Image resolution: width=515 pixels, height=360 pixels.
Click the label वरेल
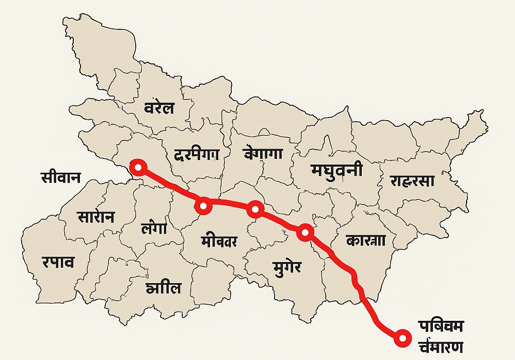(159, 109)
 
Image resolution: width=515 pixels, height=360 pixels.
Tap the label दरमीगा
(197, 154)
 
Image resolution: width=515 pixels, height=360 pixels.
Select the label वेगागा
(263, 153)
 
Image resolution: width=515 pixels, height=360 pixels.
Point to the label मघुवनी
(336, 170)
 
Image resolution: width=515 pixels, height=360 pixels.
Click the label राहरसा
(412, 181)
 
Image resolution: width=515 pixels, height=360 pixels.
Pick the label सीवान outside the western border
(60, 177)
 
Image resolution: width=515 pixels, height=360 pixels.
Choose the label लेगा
(154, 228)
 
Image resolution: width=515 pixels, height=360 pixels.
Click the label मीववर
(220, 240)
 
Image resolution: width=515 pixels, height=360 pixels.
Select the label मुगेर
(286, 267)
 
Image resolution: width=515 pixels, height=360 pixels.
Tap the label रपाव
(58, 262)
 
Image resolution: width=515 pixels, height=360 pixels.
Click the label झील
(164, 287)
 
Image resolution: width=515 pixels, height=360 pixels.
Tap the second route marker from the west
(204, 206)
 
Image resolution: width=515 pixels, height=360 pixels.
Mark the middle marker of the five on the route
(255, 209)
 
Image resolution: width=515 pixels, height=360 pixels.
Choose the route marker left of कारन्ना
(305, 233)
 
